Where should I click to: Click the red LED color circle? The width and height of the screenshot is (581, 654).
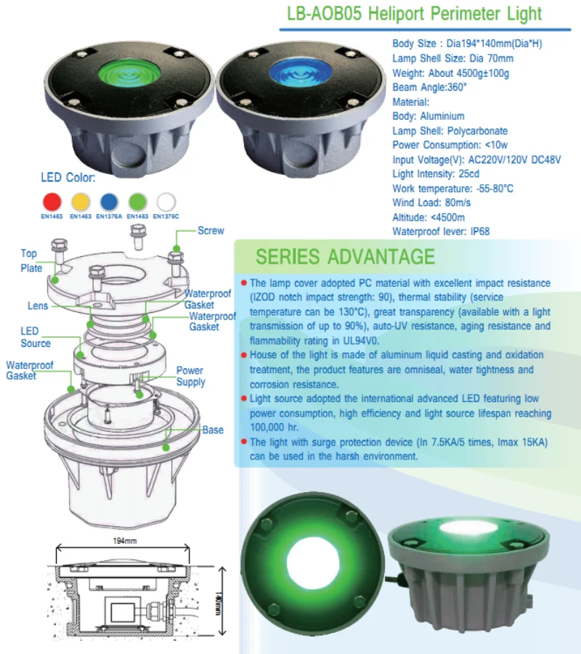tap(52, 200)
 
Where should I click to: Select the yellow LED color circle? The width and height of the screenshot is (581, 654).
tap(80, 200)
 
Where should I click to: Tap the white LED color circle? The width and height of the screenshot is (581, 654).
tap(166, 200)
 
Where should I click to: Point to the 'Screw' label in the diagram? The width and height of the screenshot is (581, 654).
tap(211, 231)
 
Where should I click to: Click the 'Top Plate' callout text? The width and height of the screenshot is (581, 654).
tap(30, 261)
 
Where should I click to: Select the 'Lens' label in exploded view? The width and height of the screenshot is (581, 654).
tap(38, 306)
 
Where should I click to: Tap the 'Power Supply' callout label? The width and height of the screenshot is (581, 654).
tap(191, 376)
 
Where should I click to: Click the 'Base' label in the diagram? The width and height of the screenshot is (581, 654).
tap(213, 430)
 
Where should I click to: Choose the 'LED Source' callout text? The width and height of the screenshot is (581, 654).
tap(35, 337)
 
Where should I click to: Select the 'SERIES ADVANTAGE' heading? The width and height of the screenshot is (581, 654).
tap(345, 257)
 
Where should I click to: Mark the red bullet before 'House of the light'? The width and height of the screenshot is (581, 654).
tap(243, 355)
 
